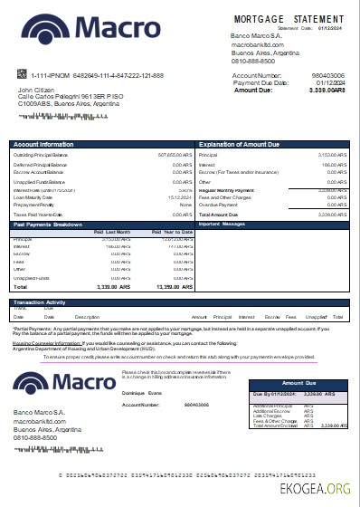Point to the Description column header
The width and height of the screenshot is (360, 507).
[87, 318]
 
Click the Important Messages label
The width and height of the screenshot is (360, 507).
[222, 224]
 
